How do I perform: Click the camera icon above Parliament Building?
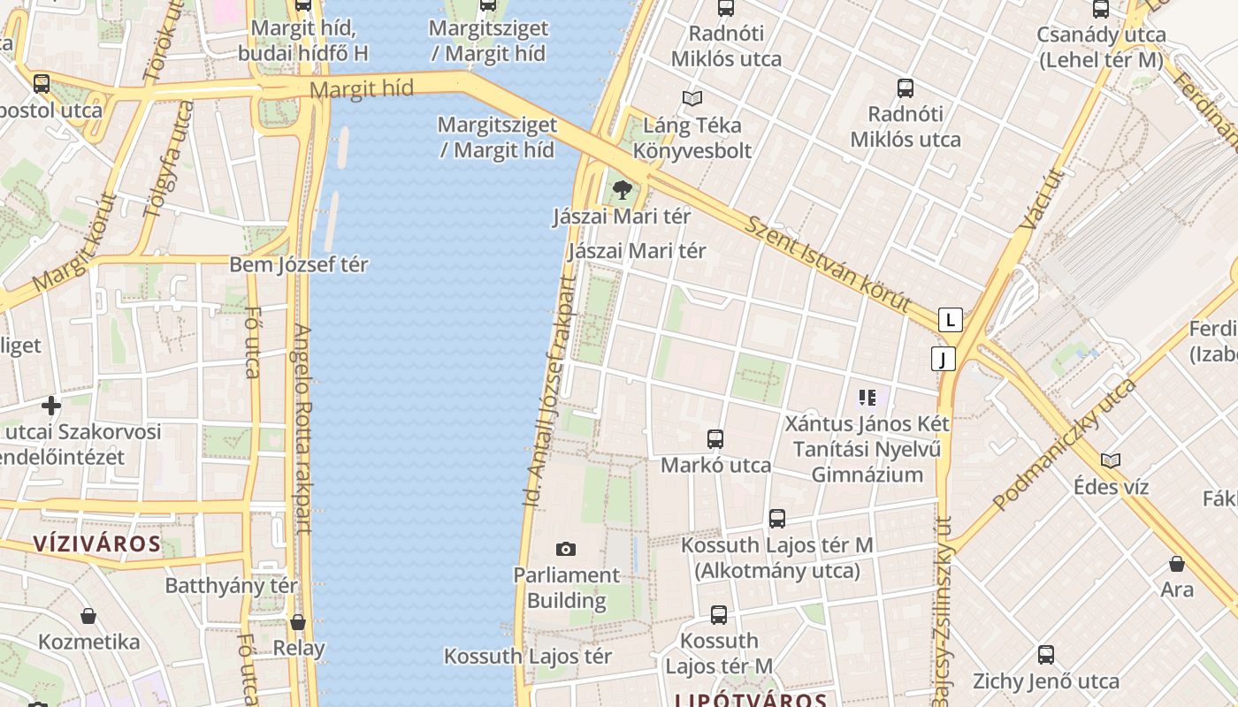[566, 549]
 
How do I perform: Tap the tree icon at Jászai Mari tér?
[623, 188]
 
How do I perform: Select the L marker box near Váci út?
[950, 319]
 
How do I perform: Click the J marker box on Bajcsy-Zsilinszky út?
[944, 359]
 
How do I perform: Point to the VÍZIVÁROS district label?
[97, 544]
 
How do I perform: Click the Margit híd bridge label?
[362, 88]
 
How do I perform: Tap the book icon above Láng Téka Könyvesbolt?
[692, 98]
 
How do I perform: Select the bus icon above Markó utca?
[715, 438]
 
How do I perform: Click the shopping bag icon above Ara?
[1176, 563]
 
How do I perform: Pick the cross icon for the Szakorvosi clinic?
[51, 406]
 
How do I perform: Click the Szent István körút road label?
[828, 262]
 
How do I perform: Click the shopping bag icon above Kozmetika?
[88, 615]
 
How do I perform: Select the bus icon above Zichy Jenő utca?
[1045, 655]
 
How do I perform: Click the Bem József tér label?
[298, 264]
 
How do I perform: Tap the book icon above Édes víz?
[1111, 460]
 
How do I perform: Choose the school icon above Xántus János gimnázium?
[867, 398]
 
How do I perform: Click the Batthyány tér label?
[232, 585]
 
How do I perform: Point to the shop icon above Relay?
[298, 622]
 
